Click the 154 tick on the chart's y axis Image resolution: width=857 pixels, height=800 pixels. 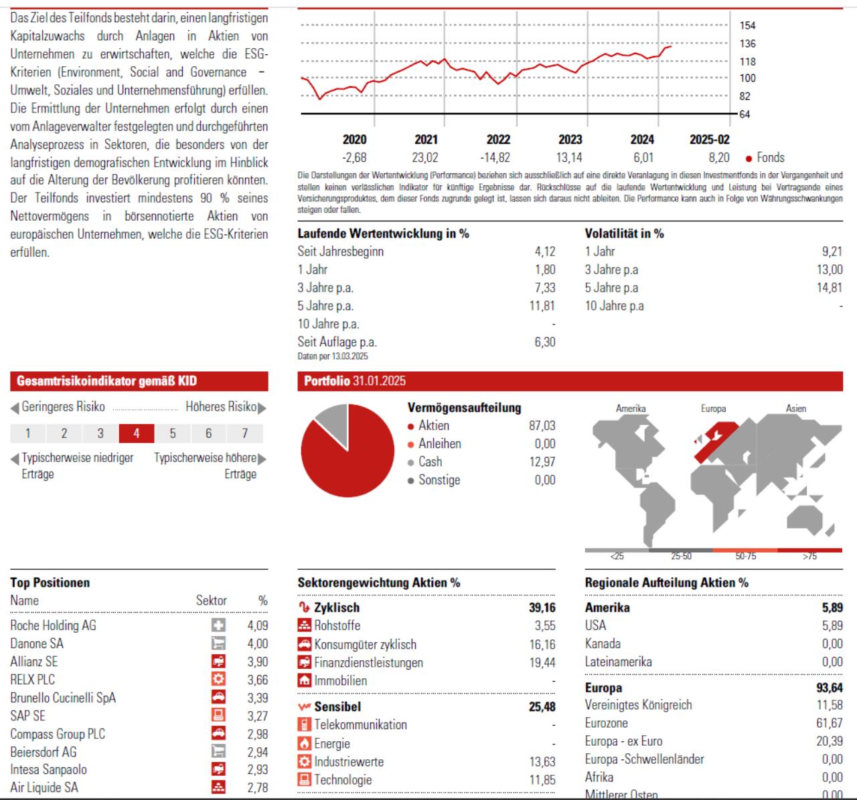tap(747, 25)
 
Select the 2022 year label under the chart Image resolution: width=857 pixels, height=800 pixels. tap(498, 139)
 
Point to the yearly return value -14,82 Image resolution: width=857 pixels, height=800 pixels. tap(495, 158)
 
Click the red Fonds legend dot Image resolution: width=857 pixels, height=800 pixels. tap(749, 159)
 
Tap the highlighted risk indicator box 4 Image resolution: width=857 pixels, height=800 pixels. tap(137, 433)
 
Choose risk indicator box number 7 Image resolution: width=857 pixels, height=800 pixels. tap(245, 433)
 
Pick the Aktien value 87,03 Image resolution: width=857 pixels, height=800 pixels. tap(542, 425)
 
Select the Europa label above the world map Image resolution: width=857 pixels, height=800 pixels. tap(713, 408)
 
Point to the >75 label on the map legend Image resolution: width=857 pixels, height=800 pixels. tap(809, 557)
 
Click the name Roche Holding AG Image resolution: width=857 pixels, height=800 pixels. tap(53, 625)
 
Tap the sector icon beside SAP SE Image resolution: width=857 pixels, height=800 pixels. tap(218, 716)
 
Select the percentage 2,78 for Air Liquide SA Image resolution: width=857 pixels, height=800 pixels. tap(258, 787)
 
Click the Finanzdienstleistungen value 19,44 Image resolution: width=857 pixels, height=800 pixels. tap(542, 663)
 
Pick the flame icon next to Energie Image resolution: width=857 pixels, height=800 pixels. tap(305, 743)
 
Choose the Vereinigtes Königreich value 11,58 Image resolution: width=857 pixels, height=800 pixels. tap(830, 705)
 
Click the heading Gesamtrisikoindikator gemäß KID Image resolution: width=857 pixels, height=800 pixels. tap(106, 381)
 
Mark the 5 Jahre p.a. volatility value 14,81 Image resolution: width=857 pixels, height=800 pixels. tap(830, 288)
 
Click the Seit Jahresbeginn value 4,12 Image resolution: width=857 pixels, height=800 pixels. tap(545, 252)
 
